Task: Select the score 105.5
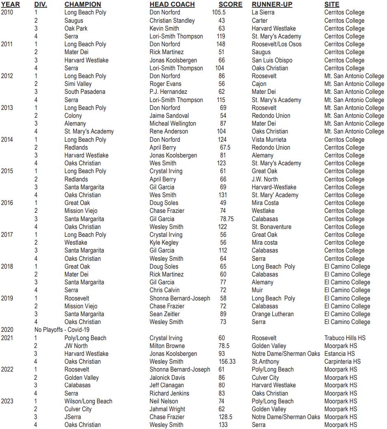click(x=219, y=12)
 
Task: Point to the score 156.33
click(x=227, y=362)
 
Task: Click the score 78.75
click(x=227, y=219)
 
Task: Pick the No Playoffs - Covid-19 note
click(x=62, y=330)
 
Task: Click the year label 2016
click(x=7, y=203)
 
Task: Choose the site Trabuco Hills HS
click(x=345, y=338)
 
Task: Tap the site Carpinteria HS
click(x=342, y=362)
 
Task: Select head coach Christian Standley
click(x=172, y=20)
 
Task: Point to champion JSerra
click(x=73, y=417)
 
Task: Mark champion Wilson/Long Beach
click(x=88, y=401)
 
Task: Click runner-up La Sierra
click(x=263, y=12)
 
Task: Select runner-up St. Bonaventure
click(x=271, y=227)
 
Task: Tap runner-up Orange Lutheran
click(x=273, y=314)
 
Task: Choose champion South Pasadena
click(x=85, y=92)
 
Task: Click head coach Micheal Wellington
click(x=173, y=124)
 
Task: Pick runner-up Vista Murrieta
click(x=269, y=140)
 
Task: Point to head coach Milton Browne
click(x=167, y=346)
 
